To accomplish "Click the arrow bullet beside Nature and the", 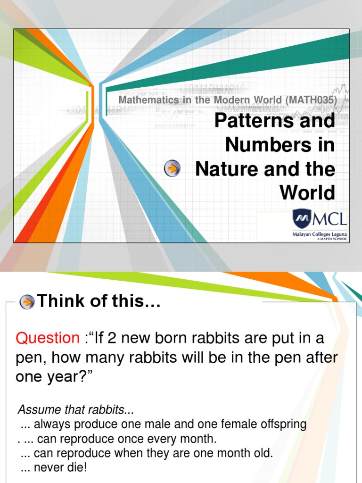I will (173, 168).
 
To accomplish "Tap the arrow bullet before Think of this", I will (27, 301).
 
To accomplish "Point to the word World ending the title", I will (307, 192).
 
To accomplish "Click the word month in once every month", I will (198, 439).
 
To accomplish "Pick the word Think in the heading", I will (58, 300).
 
